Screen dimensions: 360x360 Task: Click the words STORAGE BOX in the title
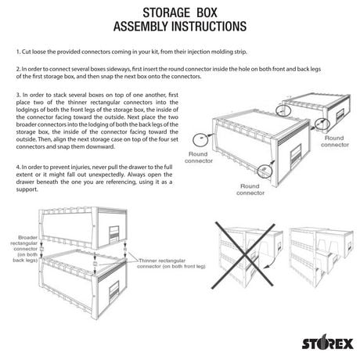pyautogui.click(x=179, y=14)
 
